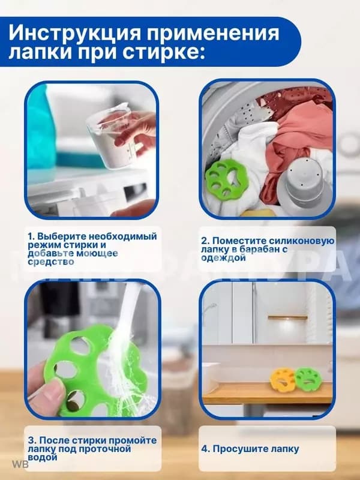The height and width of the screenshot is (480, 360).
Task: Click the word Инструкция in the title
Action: pyautogui.click(x=75, y=33)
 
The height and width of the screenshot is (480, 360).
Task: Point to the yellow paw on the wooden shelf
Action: pyautogui.click(x=283, y=380)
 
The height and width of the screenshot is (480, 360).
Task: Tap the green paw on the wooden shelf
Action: pyautogui.click(x=308, y=378)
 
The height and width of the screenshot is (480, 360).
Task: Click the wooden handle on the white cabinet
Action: pyautogui.click(x=288, y=318)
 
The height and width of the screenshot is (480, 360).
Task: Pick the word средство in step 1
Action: pyautogui.click(x=50, y=262)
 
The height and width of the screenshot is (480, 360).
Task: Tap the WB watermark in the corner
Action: pyautogui.click(x=20, y=464)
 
